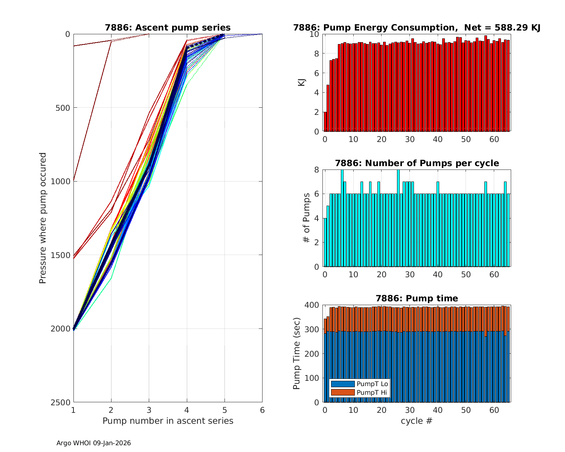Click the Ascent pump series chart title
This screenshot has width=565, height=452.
tap(168, 27)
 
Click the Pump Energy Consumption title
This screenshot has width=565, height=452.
tap(417, 27)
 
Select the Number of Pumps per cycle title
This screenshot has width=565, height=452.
tap(417, 163)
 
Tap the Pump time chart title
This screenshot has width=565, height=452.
tap(417, 298)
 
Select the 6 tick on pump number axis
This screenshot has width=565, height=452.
tap(262, 410)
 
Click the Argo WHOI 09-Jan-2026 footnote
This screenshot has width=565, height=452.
tap(93, 443)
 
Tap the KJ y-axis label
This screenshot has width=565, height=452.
tap(302, 82)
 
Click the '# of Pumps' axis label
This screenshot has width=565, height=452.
tap(307, 218)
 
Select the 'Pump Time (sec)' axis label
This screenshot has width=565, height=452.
tap(297, 354)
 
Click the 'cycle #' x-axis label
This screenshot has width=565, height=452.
tap(417, 421)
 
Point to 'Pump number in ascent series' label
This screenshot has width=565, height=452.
tap(168, 421)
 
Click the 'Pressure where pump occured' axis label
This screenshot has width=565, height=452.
tap(43, 218)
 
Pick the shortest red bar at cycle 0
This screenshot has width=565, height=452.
tap(325, 122)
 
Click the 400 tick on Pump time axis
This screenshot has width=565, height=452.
tap(313, 305)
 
